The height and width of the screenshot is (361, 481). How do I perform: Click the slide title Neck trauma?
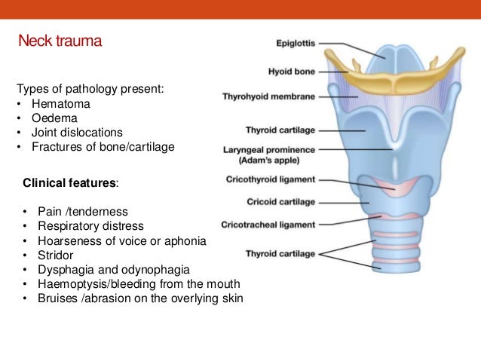[x=60, y=41]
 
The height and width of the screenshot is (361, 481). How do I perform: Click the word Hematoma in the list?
[x=57, y=105]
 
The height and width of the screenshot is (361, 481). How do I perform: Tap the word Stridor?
[x=49, y=255]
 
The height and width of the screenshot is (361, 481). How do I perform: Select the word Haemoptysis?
[x=69, y=283]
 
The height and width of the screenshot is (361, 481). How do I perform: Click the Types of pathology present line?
[x=90, y=90]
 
